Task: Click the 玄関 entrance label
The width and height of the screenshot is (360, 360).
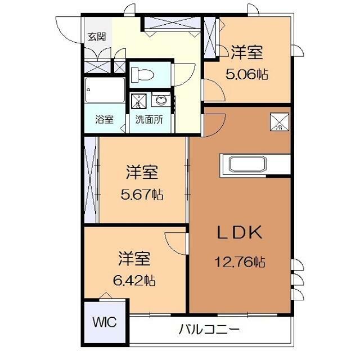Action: (x=97, y=37)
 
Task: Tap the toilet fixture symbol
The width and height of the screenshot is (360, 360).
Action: (x=144, y=74)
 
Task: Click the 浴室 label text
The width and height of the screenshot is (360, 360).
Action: (x=104, y=119)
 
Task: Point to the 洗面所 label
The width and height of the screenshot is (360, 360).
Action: (x=149, y=119)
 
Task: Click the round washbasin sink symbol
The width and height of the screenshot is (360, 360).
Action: (x=160, y=101)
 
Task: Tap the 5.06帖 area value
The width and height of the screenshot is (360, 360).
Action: (x=247, y=75)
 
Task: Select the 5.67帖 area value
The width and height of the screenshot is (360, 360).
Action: (x=142, y=195)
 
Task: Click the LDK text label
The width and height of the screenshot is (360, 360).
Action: (x=240, y=232)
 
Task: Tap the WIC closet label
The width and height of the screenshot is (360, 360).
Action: (x=104, y=322)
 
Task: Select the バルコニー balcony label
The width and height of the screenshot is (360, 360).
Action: (x=209, y=329)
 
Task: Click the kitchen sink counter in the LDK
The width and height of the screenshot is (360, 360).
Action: (x=251, y=165)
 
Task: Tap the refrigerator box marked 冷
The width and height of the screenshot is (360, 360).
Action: (x=279, y=123)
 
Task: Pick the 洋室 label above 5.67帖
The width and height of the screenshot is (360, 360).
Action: (x=141, y=170)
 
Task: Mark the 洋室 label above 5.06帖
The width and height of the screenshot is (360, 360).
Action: (x=247, y=52)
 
